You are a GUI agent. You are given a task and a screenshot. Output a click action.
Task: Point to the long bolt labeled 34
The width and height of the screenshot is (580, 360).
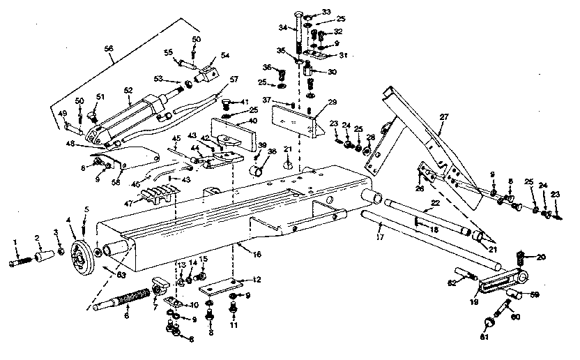pos(300,35)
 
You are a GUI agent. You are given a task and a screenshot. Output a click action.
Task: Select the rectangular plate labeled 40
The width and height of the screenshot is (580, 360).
pos(234,133)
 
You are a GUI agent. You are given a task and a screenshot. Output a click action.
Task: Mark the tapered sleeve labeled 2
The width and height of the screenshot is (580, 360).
pos(43,257)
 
